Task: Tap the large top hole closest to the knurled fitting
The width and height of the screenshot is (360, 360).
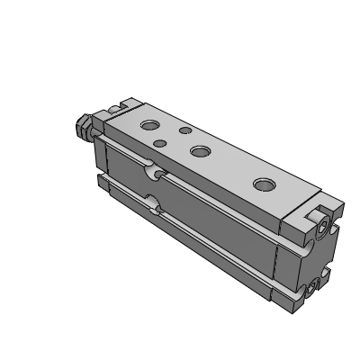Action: coord(147,121)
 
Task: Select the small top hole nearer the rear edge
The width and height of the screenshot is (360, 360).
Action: coord(185,130)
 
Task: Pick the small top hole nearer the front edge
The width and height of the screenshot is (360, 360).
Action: coord(159,142)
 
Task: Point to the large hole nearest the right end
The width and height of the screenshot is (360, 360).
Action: coord(264,184)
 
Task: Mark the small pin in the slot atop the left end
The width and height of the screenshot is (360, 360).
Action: coord(114,110)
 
